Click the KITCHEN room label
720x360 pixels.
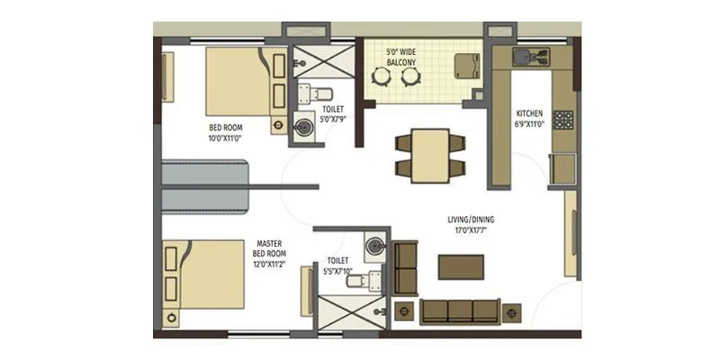(528, 113)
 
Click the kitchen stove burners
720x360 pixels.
(563, 120)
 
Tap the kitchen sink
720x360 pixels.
(525, 58)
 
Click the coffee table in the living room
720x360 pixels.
(461, 266)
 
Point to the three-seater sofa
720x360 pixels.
(460, 310)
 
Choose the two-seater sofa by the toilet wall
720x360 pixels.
(406, 267)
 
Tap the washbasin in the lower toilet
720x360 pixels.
(374, 244)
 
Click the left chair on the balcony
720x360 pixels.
(381, 76)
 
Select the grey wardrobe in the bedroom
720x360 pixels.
(204, 185)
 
